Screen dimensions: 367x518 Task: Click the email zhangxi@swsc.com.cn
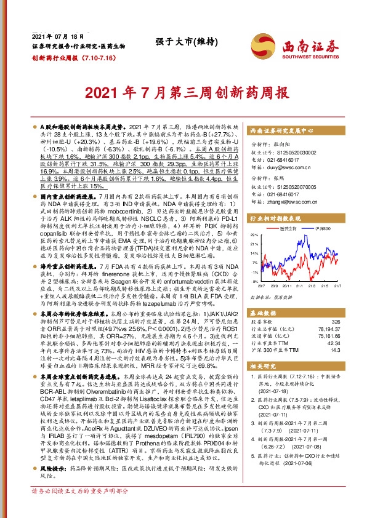click(x=290, y=202)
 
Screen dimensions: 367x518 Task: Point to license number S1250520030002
click(x=300, y=149)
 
